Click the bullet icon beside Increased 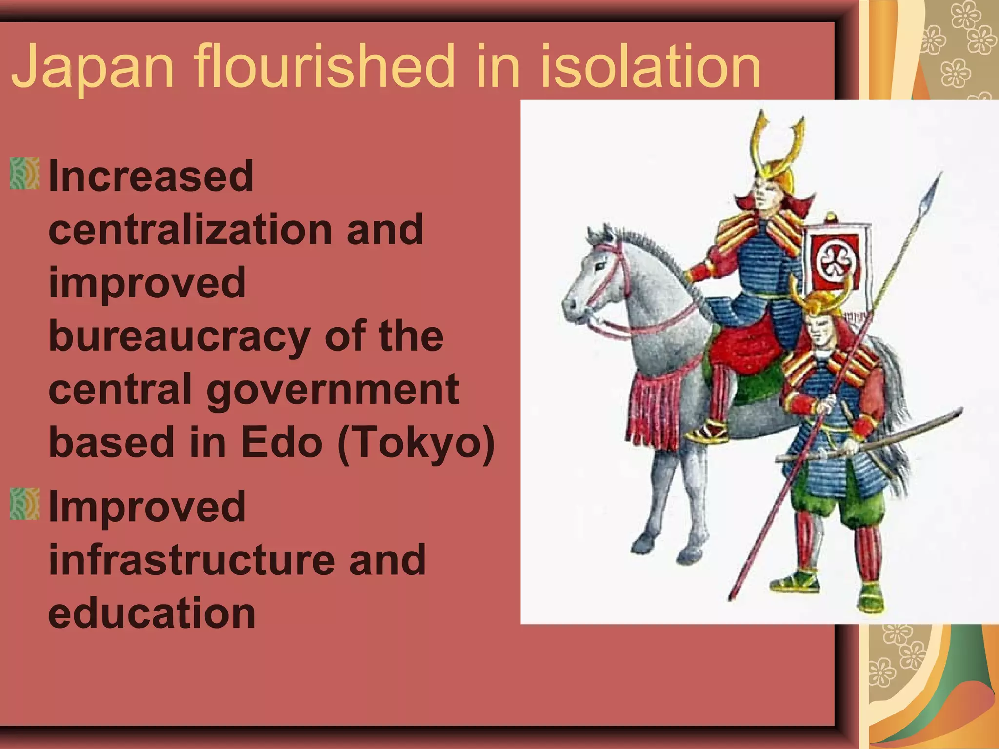[x=24, y=173]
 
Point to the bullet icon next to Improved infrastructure [x=24, y=504]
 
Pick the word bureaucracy [x=180, y=336]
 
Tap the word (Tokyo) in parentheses [x=416, y=442]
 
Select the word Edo [x=282, y=442]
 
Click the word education [x=152, y=613]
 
